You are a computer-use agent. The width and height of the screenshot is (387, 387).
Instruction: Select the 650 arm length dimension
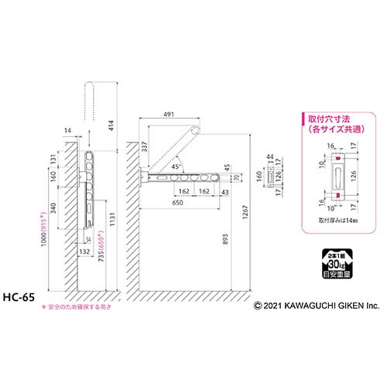179,204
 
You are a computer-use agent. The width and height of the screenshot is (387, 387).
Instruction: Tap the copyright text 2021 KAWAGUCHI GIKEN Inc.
317,307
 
